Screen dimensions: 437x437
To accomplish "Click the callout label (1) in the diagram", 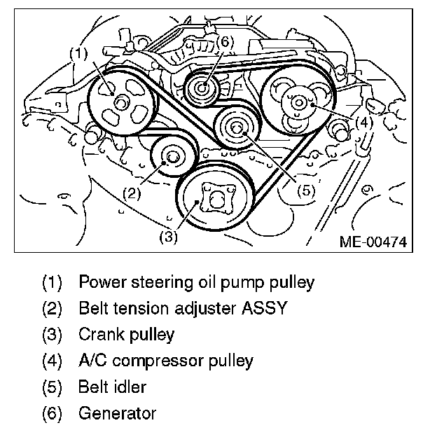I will pyautogui.click(x=78, y=53).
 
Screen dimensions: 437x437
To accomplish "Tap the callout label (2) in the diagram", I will pyautogui.click(x=131, y=191).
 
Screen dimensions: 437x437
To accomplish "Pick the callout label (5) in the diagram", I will pyautogui.click(x=303, y=190).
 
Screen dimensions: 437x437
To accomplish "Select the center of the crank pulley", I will pyautogui.click(x=215, y=199).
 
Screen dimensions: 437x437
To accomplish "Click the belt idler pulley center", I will pyautogui.click(x=236, y=127).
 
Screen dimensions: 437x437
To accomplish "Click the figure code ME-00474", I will pyautogui.click(x=373, y=242).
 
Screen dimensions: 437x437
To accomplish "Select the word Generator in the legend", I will pyautogui.click(x=117, y=413).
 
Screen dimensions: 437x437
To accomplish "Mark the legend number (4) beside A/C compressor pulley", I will pyautogui.click(x=52, y=361).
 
